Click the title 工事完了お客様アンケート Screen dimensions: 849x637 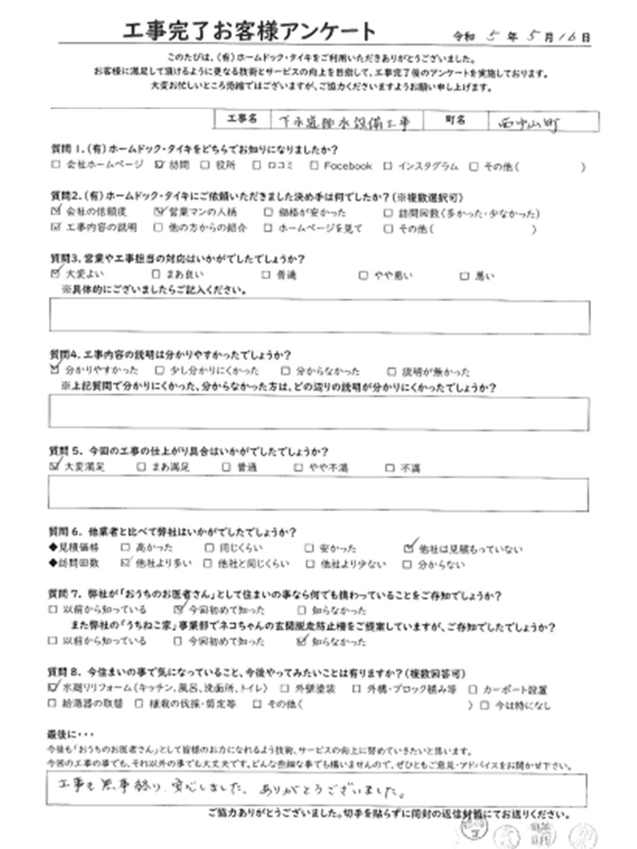pyautogui.click(x=250, y=32)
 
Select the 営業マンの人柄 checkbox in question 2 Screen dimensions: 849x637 pyautogui.click(x=158, y=211)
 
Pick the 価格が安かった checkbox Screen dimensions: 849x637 pyautogui.click(x=268, y=212)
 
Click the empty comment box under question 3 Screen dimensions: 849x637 pyautogui.click(x=318, y=316)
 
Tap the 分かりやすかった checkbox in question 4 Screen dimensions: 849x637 pyautogui.click(x=55, y=370)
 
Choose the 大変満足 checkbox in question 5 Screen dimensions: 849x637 pyautogui.click(x=55, y=466)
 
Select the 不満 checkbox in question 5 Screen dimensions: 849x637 pyautogui.click(x=389, y=467)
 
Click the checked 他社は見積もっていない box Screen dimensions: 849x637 pyautogui.click(x=408, y=547)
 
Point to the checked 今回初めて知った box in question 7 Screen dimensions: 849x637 pyautogui.click(x=178, y=609)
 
